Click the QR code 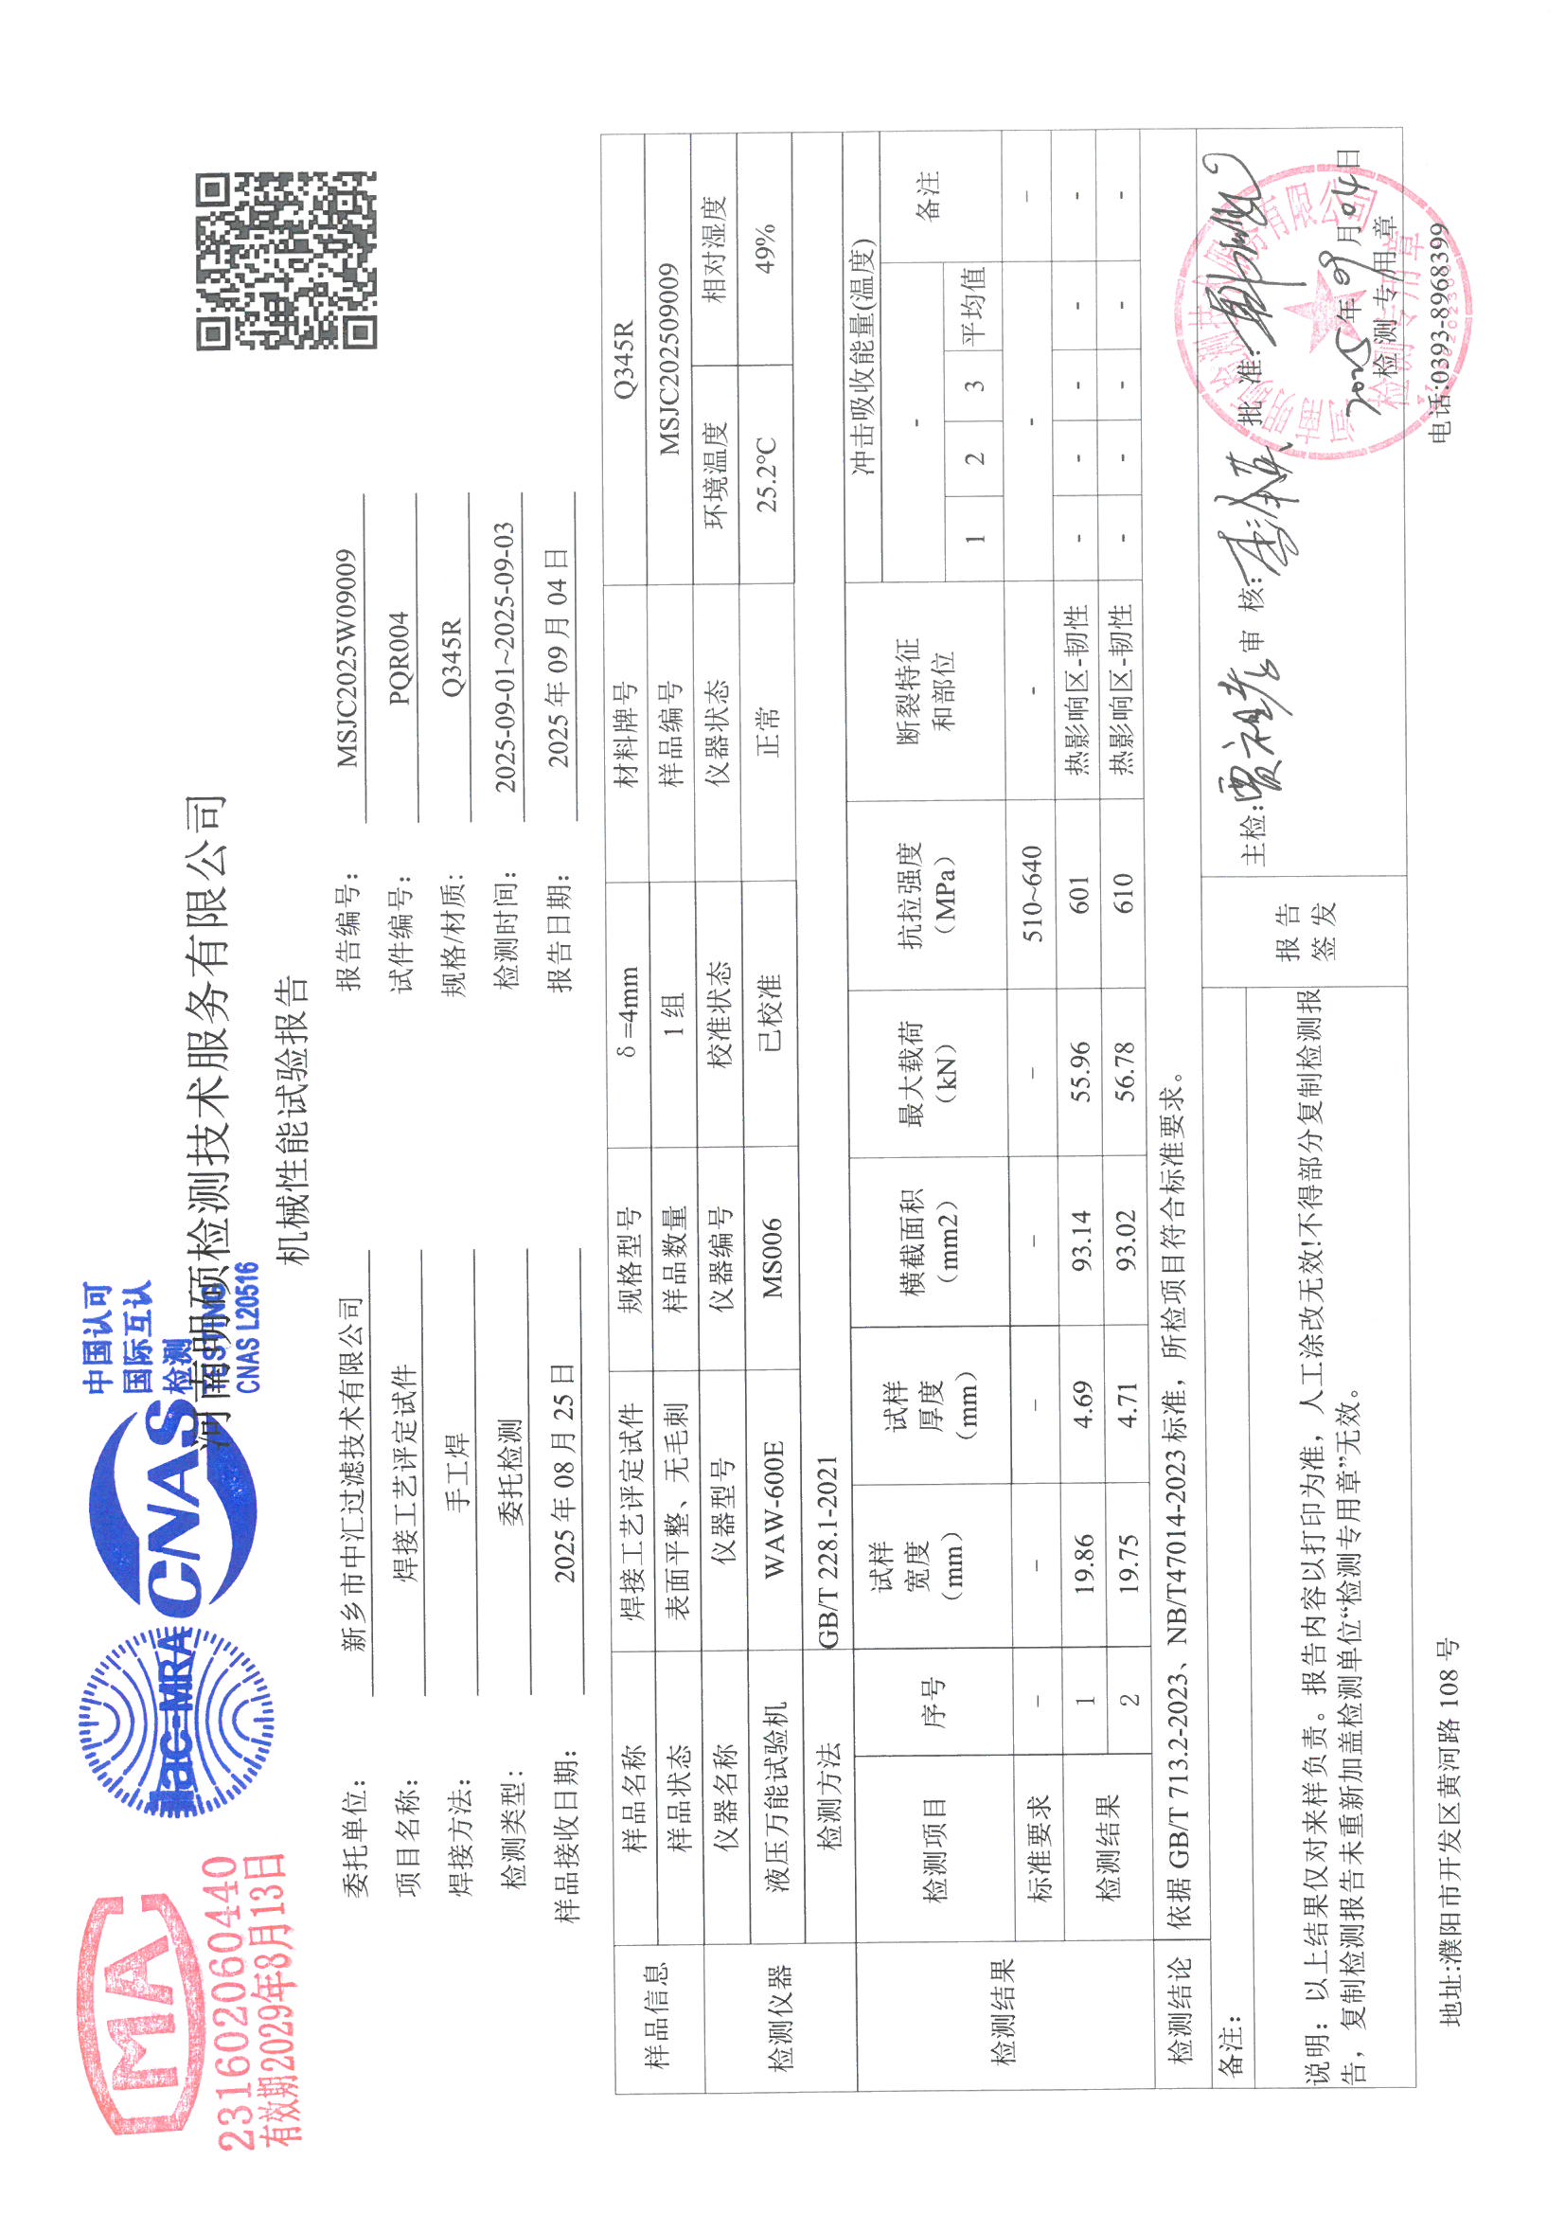(286, 260)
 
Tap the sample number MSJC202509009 (670, 359)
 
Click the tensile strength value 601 (1079, 895)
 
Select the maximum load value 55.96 (1080, 1071)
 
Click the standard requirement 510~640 (1032, 894)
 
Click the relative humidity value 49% (766, 249)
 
